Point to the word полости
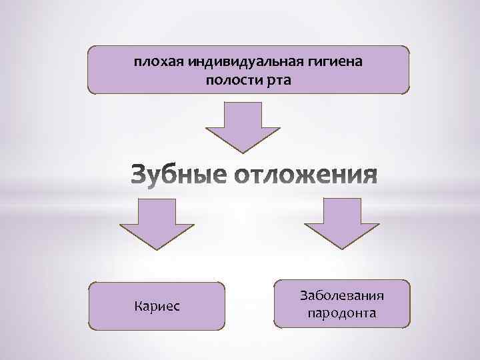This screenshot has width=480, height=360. [x=230, y=81]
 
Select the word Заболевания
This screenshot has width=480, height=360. [x=343, y=295]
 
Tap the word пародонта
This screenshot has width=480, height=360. [x=343, y=313]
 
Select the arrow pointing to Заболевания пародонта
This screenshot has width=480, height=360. [x=342, y=225]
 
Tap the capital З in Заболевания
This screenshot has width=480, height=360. [x=305, y=295]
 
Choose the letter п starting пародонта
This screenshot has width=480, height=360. [x=311, y=313]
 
